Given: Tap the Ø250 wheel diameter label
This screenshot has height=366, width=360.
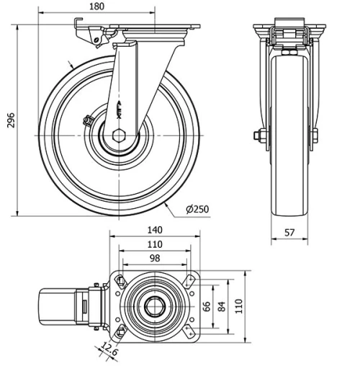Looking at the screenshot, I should click(x=197, y=210).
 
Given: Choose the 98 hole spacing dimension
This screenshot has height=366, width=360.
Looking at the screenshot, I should click(x=156, y=258).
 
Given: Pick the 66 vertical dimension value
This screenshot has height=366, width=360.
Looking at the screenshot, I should click(x=206, y=306).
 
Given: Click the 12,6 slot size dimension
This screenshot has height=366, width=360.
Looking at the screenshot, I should click(x=109, y=349).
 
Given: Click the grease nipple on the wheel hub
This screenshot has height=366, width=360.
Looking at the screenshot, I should click(x=89, y=120).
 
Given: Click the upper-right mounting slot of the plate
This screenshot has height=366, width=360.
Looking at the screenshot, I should click(x=190, y=280).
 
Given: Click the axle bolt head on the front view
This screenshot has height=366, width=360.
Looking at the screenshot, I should click(x=257, y=135).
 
